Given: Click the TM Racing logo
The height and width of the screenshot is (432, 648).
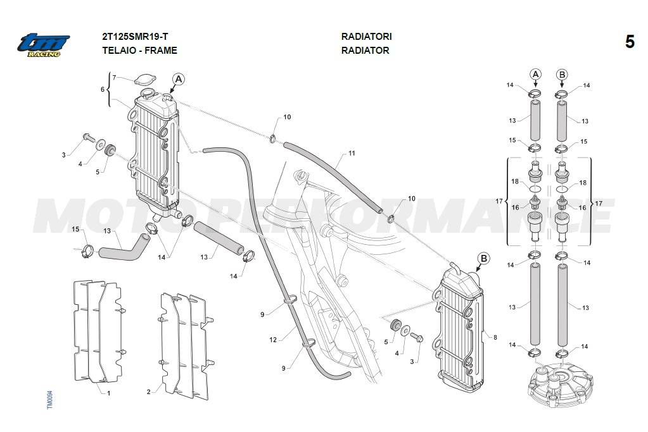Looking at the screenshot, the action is (44, 45).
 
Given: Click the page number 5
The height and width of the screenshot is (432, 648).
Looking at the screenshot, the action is (630, 42).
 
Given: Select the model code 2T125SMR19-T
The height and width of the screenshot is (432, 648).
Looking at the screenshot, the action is (135, 36).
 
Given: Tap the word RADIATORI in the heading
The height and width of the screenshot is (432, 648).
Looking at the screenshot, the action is (366, 36).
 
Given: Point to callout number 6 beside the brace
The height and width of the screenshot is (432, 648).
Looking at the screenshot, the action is (103, 90).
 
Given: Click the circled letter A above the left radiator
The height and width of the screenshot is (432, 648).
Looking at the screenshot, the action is (179, 79).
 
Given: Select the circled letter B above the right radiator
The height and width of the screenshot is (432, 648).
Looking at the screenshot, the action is (483, 259).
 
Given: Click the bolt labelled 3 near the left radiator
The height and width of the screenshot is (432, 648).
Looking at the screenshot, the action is (89, 137).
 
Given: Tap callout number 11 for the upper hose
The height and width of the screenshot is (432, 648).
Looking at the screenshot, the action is (352, 153).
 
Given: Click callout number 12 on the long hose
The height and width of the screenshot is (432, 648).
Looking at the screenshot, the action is (273, 340).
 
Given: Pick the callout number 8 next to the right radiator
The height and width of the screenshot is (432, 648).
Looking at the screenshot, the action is (495, 337).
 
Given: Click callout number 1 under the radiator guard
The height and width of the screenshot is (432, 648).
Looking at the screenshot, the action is (109, 393).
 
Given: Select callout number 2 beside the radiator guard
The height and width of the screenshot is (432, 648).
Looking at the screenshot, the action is (149, 392).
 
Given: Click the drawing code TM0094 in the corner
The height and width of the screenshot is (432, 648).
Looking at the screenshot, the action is (50, 400).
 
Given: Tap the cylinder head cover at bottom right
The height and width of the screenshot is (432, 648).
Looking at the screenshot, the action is (561, 384).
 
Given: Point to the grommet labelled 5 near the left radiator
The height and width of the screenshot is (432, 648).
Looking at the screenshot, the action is (111, 149).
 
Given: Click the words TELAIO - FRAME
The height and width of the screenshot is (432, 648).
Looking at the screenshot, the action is (140, 51).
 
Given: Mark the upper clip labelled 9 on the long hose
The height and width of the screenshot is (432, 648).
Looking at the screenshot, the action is (291, 300).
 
